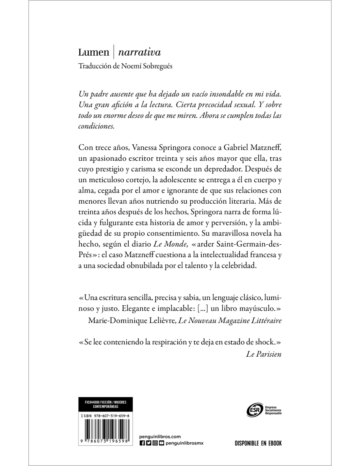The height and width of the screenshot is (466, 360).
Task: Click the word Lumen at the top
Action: [x=93, y=52]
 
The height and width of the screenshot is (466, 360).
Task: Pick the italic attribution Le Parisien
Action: [x=263, y=354]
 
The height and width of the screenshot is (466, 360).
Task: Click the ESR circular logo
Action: [x=254, y=410]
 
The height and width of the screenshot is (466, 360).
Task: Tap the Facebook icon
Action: [x=142, y=443]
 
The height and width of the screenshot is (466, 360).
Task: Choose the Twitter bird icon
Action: [x=149, y=443]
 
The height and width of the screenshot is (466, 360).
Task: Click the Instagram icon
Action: [x=155, y=443]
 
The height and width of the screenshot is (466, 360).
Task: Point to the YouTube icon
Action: [x=161, y=443]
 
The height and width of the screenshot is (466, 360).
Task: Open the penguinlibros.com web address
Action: [x=160, y=436]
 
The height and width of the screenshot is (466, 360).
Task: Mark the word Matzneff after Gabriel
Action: [x=263, y=148]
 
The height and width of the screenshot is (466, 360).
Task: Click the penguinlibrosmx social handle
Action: [x=185, y=443]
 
